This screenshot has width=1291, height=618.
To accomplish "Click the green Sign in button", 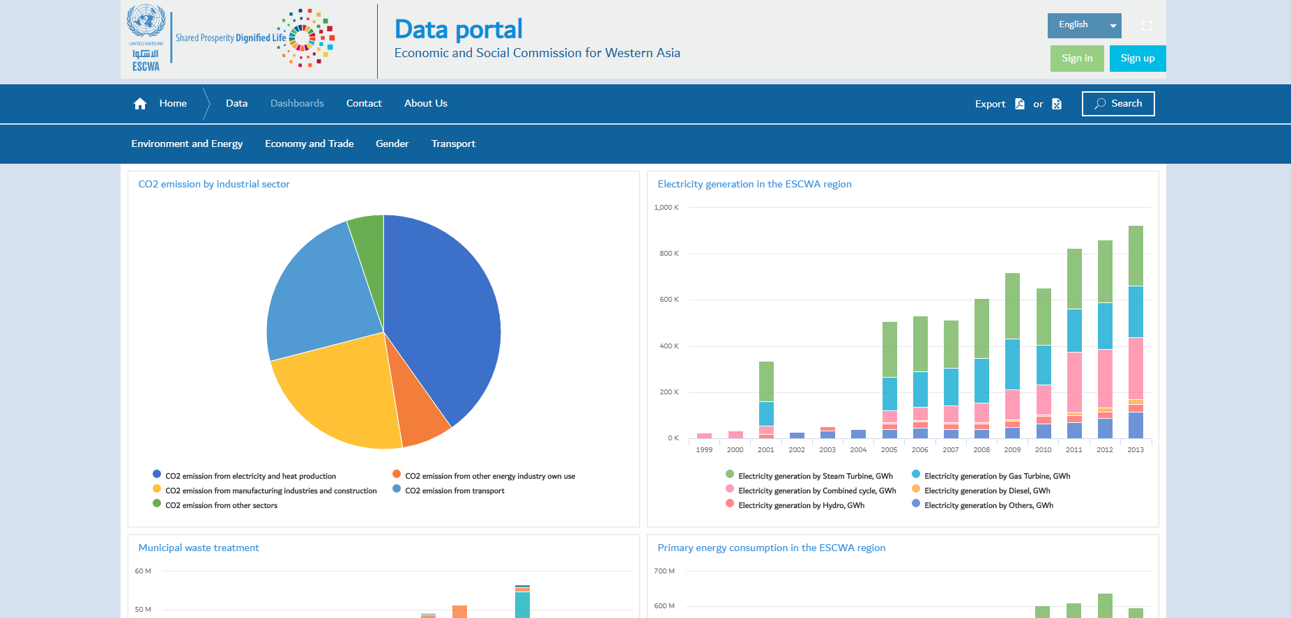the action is coord(1077,59).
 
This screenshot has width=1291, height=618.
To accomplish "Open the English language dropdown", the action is coord(1084,25).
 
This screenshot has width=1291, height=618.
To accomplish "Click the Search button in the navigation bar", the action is coord(1118,104).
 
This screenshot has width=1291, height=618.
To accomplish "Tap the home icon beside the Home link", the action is coord(140,104).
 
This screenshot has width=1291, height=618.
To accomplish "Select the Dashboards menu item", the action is coord(297,103).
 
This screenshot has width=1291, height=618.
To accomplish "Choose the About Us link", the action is coord(425,103).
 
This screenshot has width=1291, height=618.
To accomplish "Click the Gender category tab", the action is coord(392,144).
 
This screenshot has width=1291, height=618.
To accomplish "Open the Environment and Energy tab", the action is coord(187,144).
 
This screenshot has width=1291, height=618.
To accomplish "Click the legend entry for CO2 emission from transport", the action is coord(454,490).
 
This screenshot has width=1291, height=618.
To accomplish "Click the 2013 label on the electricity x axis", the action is coord(1136,450).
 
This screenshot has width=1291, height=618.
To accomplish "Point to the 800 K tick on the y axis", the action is coord(669,254).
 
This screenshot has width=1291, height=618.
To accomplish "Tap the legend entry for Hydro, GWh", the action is coord(800,506).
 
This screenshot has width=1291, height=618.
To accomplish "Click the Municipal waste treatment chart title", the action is coord(199,548).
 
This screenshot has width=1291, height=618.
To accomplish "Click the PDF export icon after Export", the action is coord(1020,104).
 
